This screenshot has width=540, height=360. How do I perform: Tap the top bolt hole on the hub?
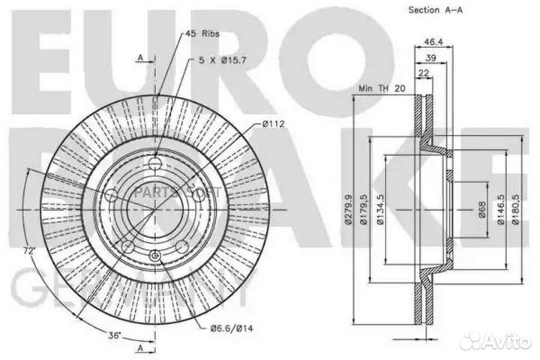pos(155,165)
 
